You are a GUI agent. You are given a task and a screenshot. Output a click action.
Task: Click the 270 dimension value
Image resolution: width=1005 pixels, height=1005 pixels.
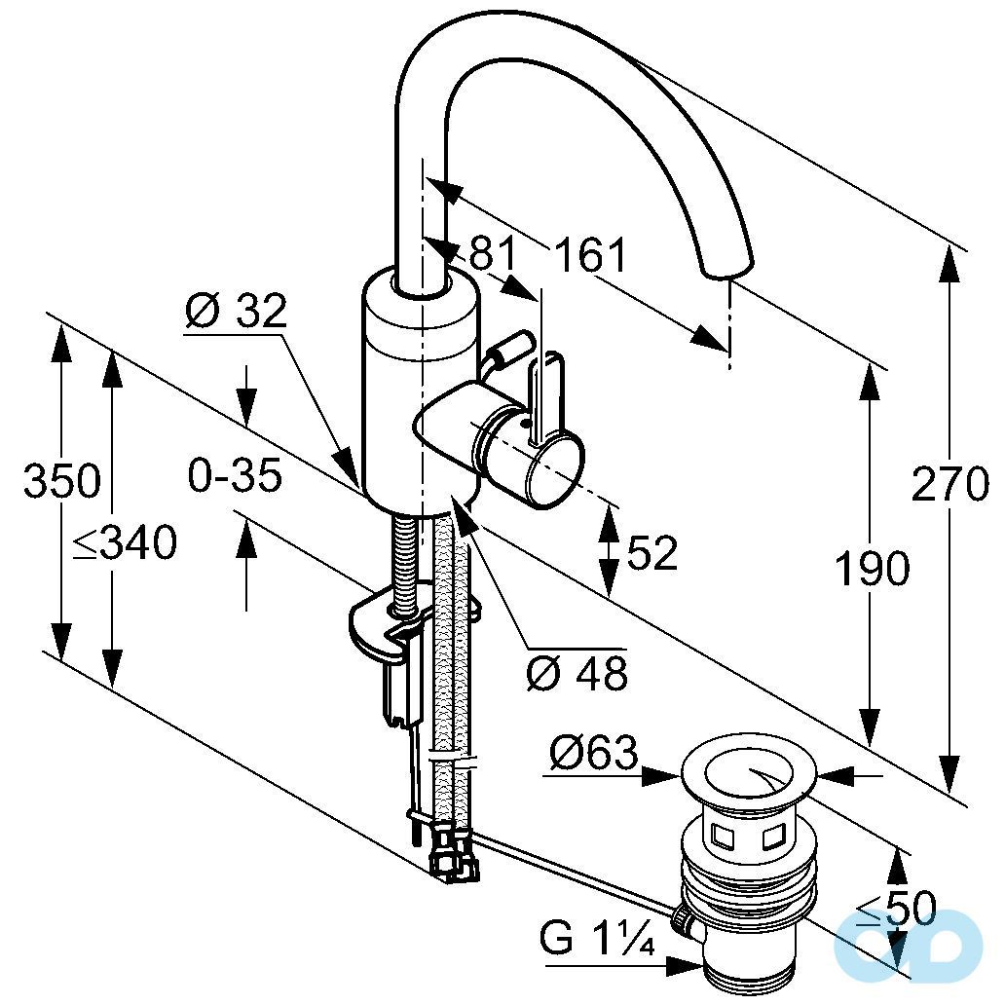(x=949, y=484)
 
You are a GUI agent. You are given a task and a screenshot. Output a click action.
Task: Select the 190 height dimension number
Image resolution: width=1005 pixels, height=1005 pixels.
(x=872, y=569)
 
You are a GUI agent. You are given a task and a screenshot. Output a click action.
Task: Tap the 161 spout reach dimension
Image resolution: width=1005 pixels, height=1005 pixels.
(x=591, y=256)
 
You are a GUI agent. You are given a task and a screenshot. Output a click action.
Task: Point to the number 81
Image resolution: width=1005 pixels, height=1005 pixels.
(x=493, y=255)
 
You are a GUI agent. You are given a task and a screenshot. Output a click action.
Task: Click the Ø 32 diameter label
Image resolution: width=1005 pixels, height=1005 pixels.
(x=236, y=312)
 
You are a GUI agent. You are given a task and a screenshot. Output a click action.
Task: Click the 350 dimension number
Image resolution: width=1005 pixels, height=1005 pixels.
(x=61, y=481)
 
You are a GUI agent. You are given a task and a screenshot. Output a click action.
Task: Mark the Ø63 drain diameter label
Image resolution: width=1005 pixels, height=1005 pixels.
(x=593, y=752)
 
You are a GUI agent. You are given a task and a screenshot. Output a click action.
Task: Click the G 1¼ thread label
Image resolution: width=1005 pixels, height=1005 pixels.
(x=596, y=941)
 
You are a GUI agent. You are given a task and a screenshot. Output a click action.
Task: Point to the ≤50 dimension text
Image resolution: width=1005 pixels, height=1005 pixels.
(x=895, y=910)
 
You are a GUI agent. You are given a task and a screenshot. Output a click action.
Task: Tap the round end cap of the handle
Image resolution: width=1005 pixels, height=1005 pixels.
(x=556, y=471)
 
